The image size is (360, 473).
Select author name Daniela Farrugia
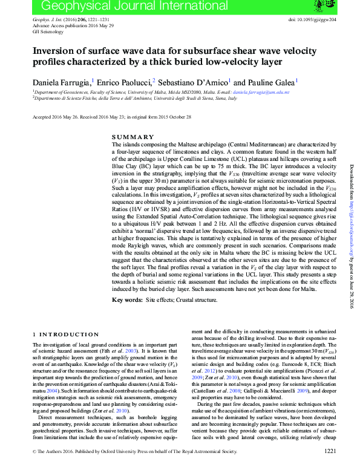[61, 82]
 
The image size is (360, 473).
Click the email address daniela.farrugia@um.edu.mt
[261, 93]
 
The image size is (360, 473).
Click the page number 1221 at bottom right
[330, 468]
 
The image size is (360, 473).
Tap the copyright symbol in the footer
[34, 468]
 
